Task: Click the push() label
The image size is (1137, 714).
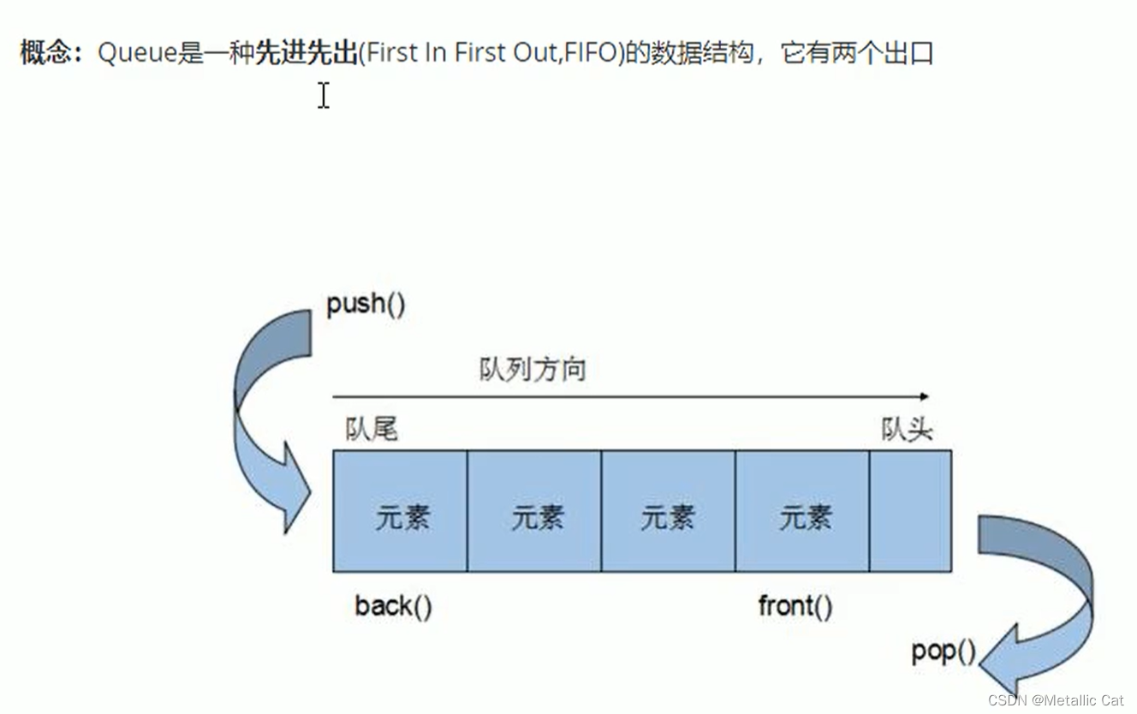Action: tap(366, 305)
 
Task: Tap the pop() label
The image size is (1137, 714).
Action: tap(944, 652)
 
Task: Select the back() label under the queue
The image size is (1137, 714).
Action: tap(393, 606)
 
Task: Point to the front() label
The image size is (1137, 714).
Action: tap(795, 606)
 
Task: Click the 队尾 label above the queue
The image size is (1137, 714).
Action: tap(372, 429)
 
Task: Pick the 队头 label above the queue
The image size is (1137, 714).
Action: tap(907, 429)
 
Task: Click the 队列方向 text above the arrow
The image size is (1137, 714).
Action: tap(533, 370)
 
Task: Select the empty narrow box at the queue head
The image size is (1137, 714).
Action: tap(910, 511)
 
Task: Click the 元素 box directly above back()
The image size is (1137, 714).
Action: tap(400, 511)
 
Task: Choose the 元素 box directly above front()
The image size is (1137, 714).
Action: tap(802, 511)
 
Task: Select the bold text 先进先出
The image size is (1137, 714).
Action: tap(306, 54)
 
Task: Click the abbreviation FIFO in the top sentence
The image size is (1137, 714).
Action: tap(588, 54)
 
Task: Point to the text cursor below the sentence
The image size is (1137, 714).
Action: tap(324, 95)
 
